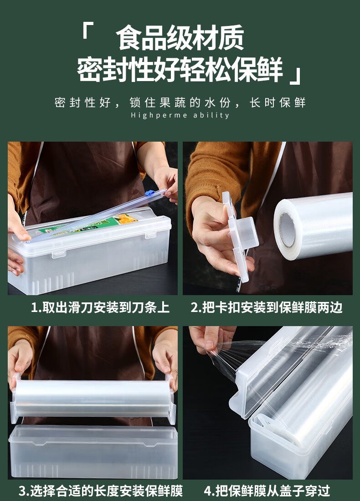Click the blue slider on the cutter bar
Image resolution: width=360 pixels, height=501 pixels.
point(150,193)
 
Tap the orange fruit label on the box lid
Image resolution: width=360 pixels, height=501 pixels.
point(127,219)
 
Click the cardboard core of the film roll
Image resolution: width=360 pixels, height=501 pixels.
point(287,230)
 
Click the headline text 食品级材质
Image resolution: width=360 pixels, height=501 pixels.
point(180,38)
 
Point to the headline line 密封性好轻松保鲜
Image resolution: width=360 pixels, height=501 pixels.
point(180,68)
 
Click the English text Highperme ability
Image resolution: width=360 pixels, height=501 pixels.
point(180,115)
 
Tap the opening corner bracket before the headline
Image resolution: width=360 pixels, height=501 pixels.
point(87,31)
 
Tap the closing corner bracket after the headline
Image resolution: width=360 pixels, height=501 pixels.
point(295,76)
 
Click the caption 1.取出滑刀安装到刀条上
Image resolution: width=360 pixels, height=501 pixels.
point(100,307)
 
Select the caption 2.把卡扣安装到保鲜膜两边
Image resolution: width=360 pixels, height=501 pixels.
point(267,307)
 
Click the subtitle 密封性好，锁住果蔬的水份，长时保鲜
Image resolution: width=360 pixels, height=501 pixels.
point(180,102)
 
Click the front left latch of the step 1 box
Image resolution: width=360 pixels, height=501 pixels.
point(59,254)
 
